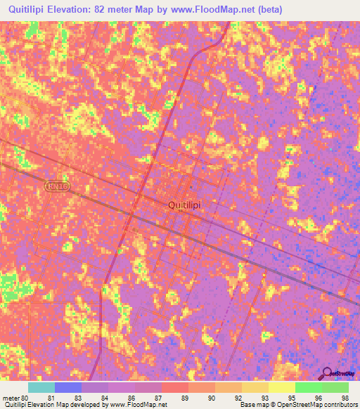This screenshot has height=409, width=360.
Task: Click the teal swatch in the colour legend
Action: [x=41, y=387]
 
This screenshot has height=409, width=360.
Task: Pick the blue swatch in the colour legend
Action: [x=68, y=387]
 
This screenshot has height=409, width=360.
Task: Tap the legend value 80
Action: [x=25, y=397]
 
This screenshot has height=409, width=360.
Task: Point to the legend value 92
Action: [x=238, y=397]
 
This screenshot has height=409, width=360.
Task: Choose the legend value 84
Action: [x=104, y=397]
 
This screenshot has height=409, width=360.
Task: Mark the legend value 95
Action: [x=292, y=397]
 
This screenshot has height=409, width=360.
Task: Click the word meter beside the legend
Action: [x=11, y=397]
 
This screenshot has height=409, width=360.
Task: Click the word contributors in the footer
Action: [x=341, y=405]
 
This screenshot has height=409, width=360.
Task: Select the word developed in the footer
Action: [x=86, y=405]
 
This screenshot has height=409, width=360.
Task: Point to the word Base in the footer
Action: [x=246, y=405]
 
